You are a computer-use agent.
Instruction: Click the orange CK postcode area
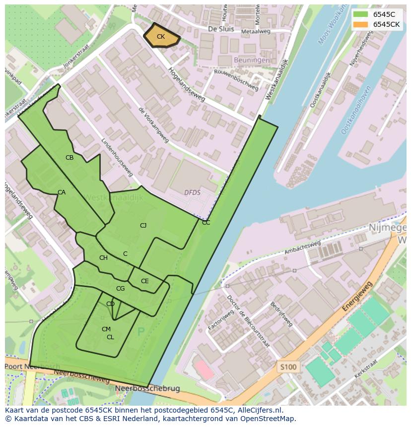161,37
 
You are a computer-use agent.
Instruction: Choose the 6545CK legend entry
387,24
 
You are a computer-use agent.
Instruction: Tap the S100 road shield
288,367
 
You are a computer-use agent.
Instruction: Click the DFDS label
192,192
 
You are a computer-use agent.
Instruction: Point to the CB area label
69,158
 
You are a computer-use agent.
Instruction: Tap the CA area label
62,192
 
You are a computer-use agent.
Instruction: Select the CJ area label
143,226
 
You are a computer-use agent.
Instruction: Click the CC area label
206,223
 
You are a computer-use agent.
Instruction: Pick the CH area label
103,258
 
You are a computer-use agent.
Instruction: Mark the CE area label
144,281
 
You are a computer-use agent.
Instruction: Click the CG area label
120,289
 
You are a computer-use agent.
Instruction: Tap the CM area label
106,329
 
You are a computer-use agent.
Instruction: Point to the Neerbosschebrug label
147,388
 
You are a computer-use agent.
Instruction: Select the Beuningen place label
253,60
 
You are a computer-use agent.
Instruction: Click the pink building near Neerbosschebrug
204,370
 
